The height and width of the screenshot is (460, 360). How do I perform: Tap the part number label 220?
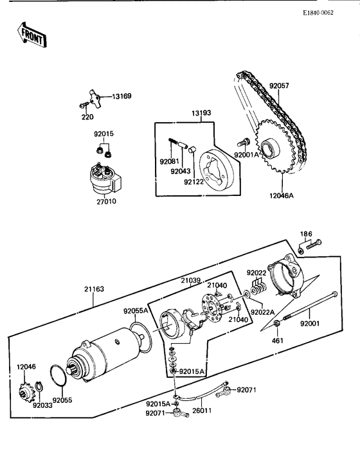(87, 117)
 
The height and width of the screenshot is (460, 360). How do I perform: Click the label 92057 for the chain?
(280, 85)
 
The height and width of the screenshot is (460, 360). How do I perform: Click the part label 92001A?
(246, 155)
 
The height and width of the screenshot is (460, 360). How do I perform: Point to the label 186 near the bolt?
(307, 233)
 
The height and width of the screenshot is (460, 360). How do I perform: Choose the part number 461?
(276, 340)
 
